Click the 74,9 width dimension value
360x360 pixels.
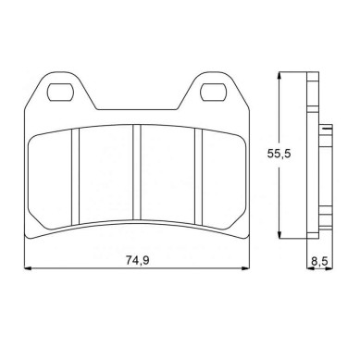click(137, 260)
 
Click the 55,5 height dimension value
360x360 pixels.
click(279, 154)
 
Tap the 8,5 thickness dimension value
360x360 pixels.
click(319, 262)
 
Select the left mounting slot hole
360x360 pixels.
click(60, 92)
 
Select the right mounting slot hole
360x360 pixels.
click(213, 92)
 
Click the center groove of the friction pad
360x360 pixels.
click(137, 172)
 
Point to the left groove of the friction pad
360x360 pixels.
click(75, 176)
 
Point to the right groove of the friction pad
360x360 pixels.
click(198, 176)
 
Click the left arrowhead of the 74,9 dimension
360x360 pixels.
click(28, 268)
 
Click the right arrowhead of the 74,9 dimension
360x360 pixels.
click(245, 268)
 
